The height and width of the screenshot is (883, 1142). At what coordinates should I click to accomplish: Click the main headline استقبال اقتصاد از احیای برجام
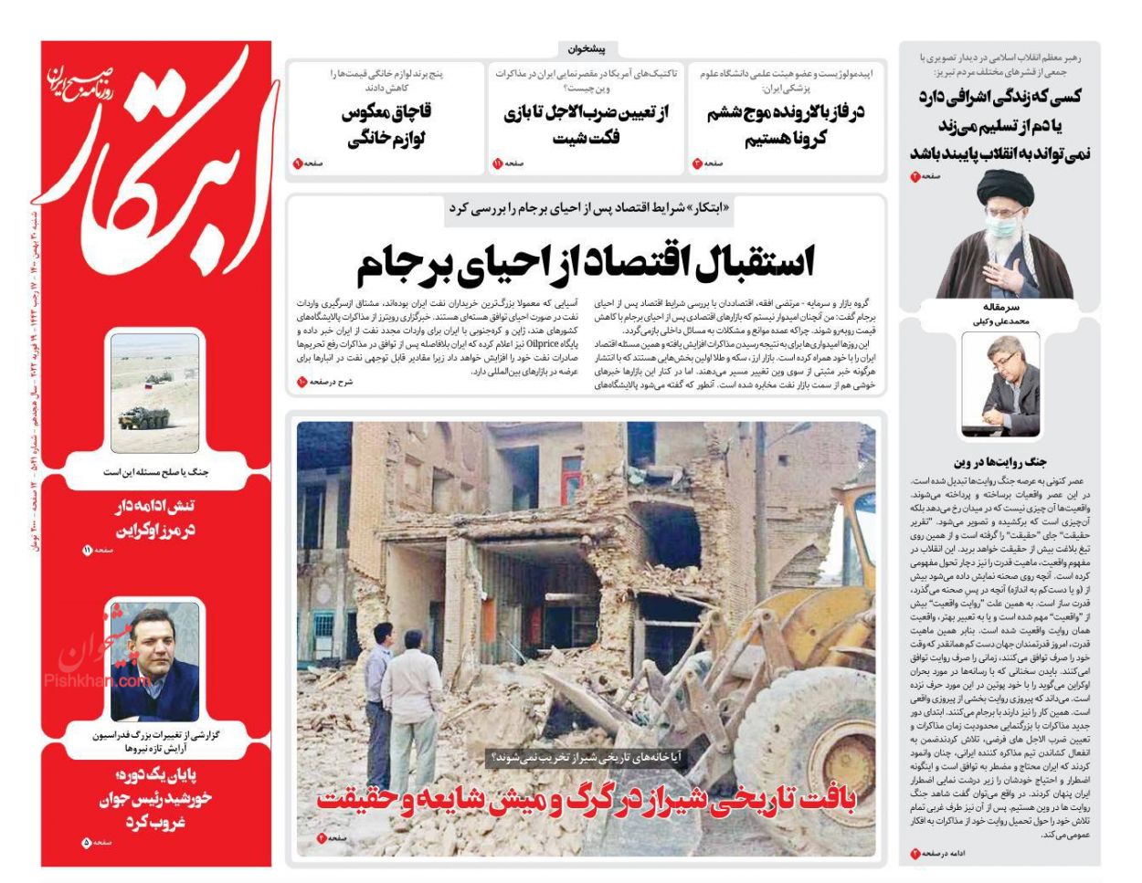[585, 265]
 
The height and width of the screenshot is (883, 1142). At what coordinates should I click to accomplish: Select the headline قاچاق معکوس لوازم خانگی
[386, 125]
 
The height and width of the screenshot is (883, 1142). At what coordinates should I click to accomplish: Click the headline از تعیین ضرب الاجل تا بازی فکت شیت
[586, 125]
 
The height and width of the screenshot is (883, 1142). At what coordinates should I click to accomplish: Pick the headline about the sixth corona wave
[785, 125]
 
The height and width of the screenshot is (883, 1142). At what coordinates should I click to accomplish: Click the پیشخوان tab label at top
[587, 49]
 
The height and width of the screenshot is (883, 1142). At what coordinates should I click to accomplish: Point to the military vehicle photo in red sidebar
[154, 393]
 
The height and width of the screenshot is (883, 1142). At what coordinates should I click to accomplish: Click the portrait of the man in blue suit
[154, 659]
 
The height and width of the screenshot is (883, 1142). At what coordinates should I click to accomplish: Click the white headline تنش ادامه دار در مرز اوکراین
[154, 518]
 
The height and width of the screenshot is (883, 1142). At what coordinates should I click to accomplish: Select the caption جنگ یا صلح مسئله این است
[154, 472]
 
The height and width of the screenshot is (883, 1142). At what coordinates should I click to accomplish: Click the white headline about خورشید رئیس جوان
[154, 798]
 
